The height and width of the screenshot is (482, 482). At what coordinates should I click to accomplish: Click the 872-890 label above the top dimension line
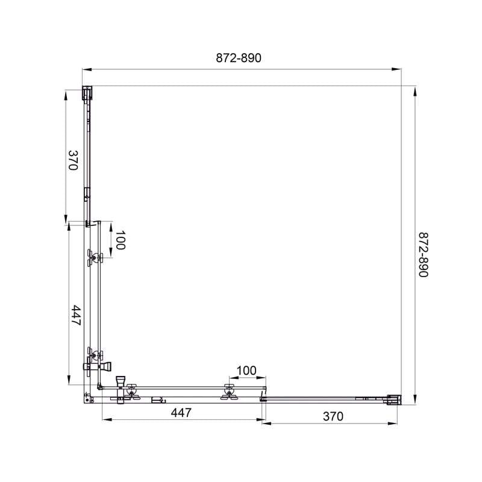(x=239, y=58)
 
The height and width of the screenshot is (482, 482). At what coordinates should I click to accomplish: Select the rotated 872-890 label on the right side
(x=424, y=254)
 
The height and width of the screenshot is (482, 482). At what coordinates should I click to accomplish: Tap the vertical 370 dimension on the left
(x=73, y=160)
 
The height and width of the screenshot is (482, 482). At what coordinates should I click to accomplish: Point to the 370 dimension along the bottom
(x=333, y=416)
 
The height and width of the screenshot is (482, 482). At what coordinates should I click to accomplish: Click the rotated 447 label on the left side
(x=75, y=315)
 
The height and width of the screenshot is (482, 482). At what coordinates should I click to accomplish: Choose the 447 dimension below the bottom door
(x=181, y=413)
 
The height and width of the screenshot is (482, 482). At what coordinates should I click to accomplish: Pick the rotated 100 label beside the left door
(x=120, y=240)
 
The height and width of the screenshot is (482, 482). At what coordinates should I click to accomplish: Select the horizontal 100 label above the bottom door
(x=246, y=371)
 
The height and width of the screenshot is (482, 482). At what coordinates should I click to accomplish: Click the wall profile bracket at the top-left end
(x=87, y=93)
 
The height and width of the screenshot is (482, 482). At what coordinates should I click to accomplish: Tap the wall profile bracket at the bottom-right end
(x=394, y=400)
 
